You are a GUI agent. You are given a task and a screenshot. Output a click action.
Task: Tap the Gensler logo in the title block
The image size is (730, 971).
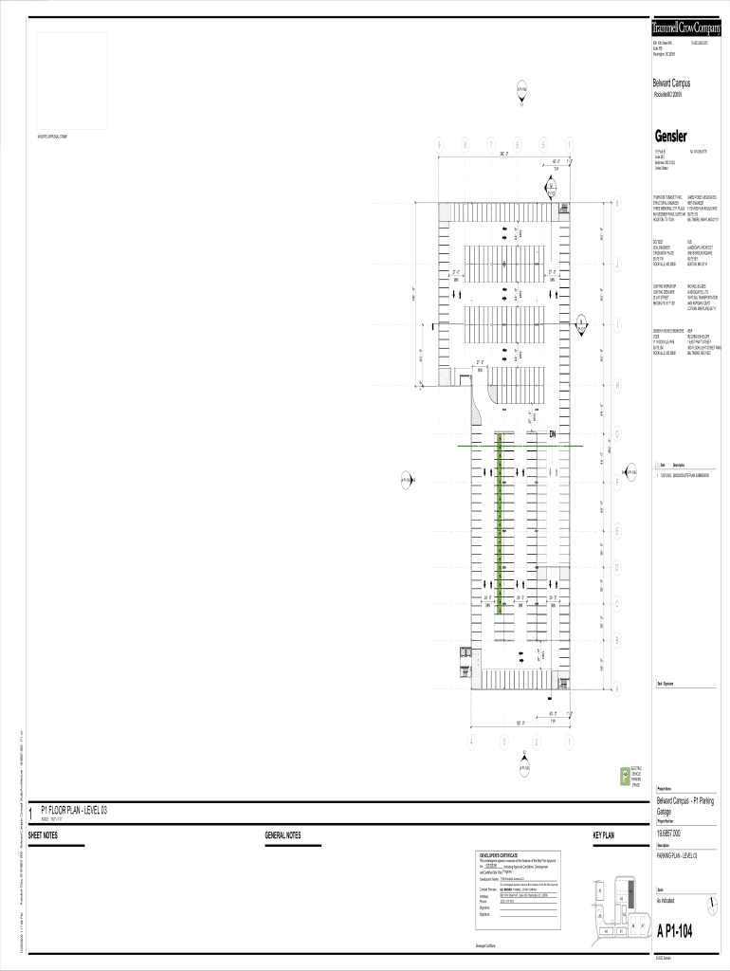point(670,136)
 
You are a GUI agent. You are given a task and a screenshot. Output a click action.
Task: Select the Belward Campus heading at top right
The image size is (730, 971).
point(671,83)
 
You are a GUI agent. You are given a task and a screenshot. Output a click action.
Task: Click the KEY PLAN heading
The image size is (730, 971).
point(604,835)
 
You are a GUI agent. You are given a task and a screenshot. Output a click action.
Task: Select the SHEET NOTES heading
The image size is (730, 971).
point(43,835)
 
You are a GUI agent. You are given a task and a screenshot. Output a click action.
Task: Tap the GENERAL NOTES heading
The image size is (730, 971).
point(283,835)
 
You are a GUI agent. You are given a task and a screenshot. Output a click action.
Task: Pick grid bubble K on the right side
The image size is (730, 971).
point(617,205)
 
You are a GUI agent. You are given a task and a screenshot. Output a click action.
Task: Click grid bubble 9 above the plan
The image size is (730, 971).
point(438,144)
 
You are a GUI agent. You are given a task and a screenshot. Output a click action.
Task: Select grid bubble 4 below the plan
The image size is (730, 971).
point(471,741)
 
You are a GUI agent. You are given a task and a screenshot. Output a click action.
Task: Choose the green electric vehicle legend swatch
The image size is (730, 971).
point(624,777)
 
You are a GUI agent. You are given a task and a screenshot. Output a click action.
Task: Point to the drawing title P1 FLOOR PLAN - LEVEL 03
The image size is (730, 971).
point(74,811)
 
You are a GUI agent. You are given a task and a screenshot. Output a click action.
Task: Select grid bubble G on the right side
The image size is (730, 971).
point(617,434)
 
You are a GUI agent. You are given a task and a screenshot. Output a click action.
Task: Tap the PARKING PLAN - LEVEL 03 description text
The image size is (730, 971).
point(678,854)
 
